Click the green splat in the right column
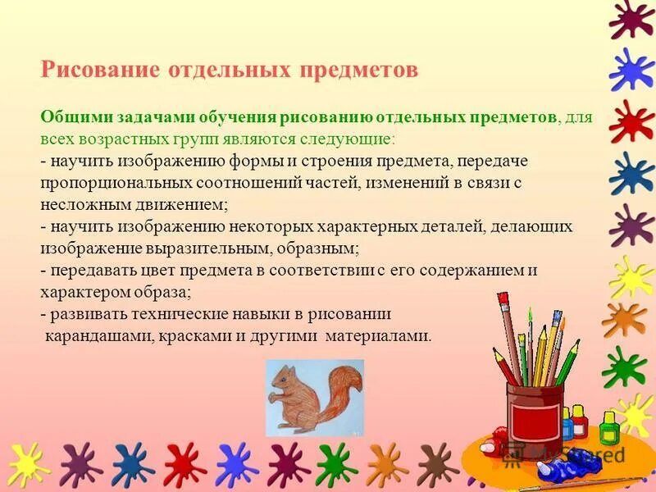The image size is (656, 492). tap(625, 367)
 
